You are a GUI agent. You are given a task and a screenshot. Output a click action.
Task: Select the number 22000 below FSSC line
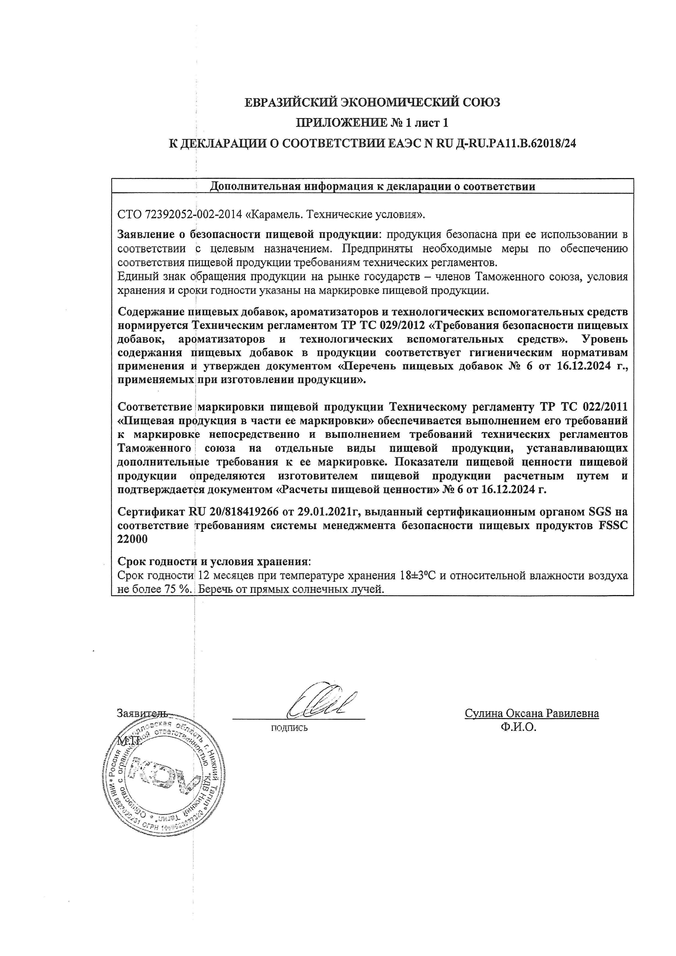point(132,539)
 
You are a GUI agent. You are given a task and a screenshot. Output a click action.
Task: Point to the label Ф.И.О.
point(519,727)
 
